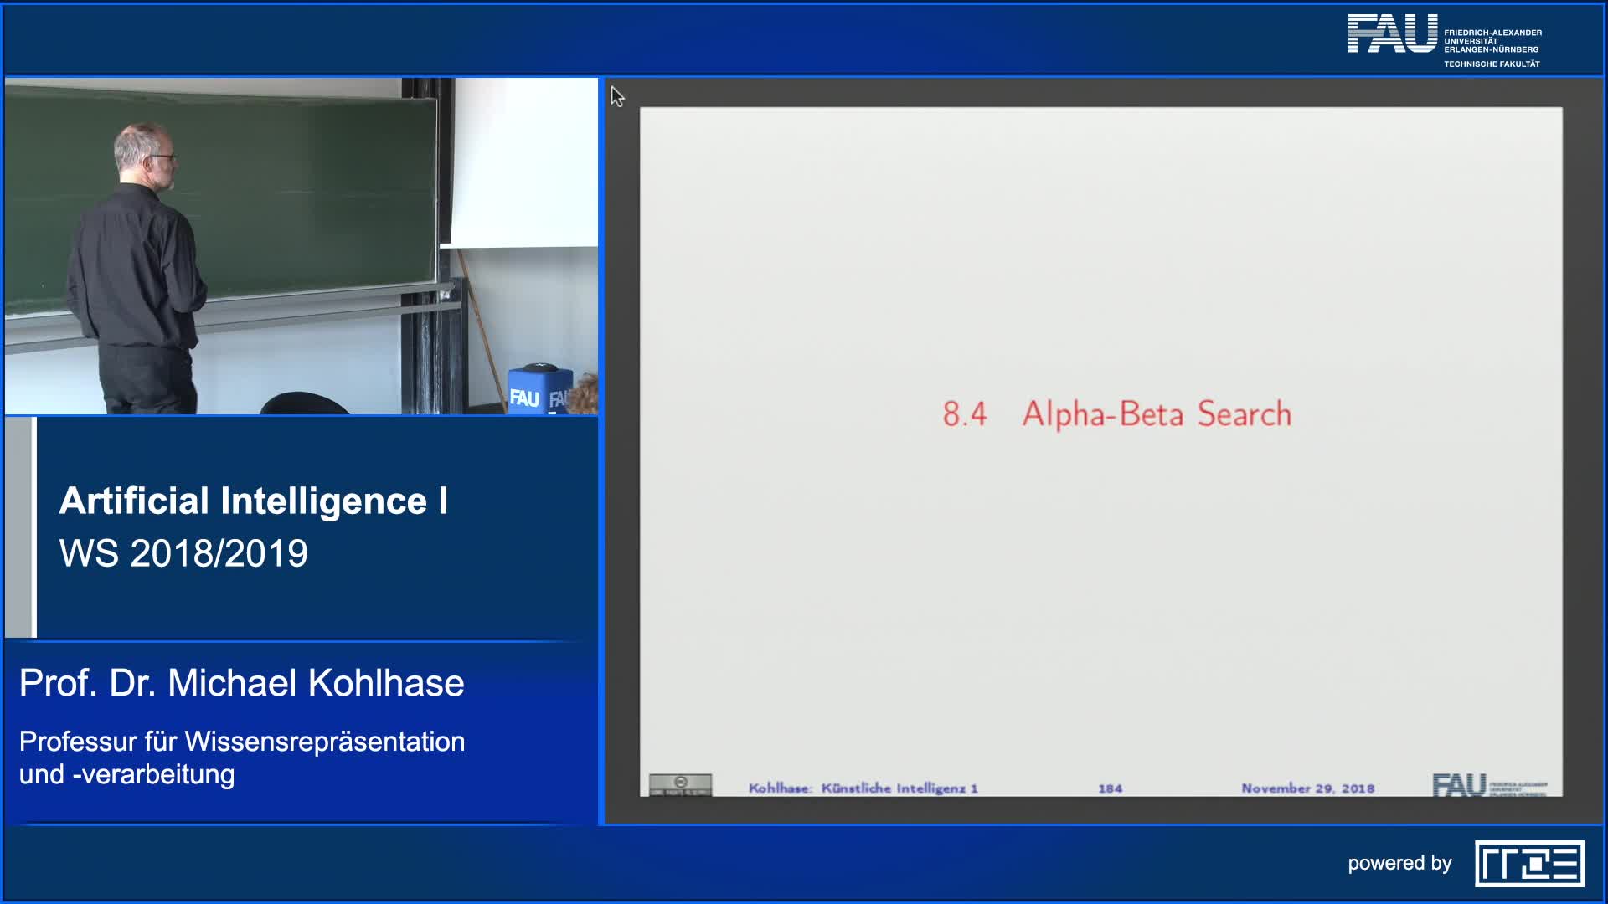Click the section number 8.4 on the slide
965,413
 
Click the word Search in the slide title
1245,413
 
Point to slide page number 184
1110,788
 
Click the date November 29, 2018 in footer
1307,788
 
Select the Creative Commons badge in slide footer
680,785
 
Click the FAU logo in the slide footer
1459,785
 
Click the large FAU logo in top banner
1392,33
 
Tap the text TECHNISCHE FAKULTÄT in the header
1492,64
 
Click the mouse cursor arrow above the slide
617,96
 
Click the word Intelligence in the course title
324,501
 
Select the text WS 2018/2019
183,553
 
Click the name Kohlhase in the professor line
386,683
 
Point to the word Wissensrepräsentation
324,742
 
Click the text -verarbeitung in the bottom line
153,774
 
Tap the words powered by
1399,863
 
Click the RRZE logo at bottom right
1528,863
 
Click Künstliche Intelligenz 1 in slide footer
899,788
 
